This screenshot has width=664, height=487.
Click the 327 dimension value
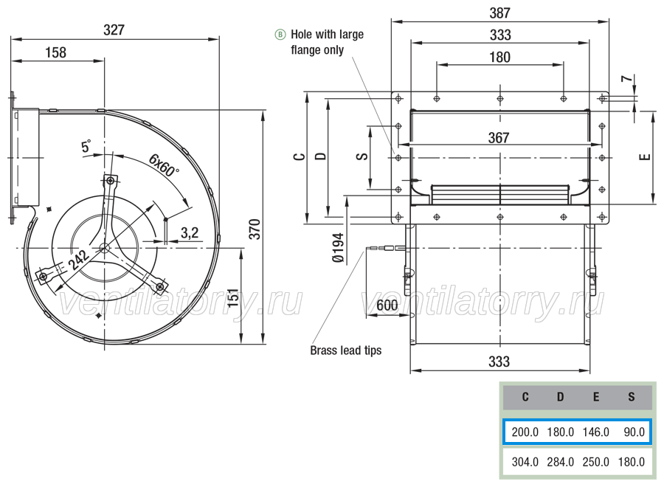click(x=114, y=30)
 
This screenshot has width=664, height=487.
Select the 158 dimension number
click(x=55, y=52)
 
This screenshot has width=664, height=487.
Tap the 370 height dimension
click(x=255, y=229)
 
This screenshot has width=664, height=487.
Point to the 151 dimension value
click(x=233, y=299)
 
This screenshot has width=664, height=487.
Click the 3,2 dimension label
click(x=190, y=232)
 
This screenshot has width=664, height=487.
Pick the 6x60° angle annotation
click(x=164, y=165)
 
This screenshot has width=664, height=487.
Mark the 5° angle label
click(x=86, y=146)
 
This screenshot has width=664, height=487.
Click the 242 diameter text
click(x=78, y=259)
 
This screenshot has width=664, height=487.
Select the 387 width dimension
click(x=499, y=13)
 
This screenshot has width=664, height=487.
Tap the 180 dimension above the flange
click(x=499, y=57)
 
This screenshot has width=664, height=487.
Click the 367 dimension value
click(x=499, y=138)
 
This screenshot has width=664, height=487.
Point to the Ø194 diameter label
click(x=338, y=248)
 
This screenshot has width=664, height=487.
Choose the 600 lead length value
click(x=387, y=305)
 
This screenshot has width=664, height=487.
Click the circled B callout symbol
click(x=280, y=34)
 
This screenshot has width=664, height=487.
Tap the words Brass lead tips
click(x=345, y=350)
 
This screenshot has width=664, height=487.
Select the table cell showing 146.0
click(x=595, y=432)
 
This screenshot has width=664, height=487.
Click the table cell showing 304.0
click(x=525, y=462)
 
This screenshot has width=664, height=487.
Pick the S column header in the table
click(x=631, y=397)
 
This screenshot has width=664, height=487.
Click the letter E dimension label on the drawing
click(x=645, y=157)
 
